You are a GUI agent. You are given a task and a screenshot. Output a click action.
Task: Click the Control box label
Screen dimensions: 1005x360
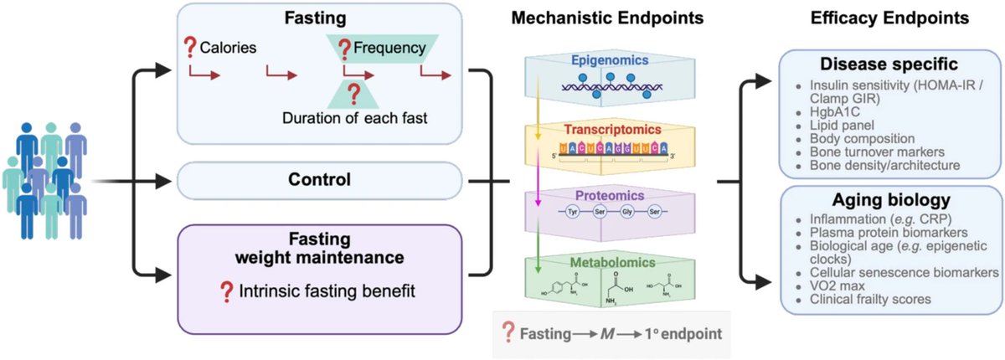pos(319,179)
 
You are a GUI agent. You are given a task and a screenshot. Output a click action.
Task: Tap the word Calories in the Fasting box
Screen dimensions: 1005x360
pos(228,48)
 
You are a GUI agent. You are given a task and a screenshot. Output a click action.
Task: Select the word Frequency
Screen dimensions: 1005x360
pos(389,48)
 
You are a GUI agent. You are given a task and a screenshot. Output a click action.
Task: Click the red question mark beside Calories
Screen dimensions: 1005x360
pos(190,47)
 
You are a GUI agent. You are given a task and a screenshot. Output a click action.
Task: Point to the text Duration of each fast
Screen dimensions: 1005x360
pos(354,118)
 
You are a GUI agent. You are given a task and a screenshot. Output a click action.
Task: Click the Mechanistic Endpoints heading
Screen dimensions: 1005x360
pos(607,18)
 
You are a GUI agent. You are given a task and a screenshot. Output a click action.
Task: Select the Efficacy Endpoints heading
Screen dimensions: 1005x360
pos(889,18)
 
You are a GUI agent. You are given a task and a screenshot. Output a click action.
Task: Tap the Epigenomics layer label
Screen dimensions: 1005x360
pos(610,60)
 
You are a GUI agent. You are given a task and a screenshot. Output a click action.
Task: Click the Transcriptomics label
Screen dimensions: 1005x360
pos(612,130)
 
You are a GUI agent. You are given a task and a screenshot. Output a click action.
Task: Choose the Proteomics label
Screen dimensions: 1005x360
pos(610,195)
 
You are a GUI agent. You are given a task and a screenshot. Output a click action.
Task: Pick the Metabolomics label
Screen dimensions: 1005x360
pos(612,262)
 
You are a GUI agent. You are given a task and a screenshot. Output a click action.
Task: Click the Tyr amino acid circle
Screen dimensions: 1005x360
pos(573,212)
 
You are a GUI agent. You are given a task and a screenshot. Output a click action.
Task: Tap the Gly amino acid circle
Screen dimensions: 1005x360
pos(626,212)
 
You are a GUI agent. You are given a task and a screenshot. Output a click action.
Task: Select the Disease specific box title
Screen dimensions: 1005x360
pos(889,64)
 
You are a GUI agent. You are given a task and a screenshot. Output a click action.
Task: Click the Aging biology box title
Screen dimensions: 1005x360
pos(891,200)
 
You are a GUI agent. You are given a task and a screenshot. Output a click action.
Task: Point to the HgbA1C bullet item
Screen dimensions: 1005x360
pos(834,112)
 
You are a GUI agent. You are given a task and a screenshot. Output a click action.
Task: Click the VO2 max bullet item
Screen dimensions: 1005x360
pos(837,286)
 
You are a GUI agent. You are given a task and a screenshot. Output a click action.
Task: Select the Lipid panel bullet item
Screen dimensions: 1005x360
pos(842,126)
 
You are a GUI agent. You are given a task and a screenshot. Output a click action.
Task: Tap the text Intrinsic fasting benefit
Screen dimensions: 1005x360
pos(327,291)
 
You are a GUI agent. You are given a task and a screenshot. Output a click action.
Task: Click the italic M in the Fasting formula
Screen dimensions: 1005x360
pos(607,334)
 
